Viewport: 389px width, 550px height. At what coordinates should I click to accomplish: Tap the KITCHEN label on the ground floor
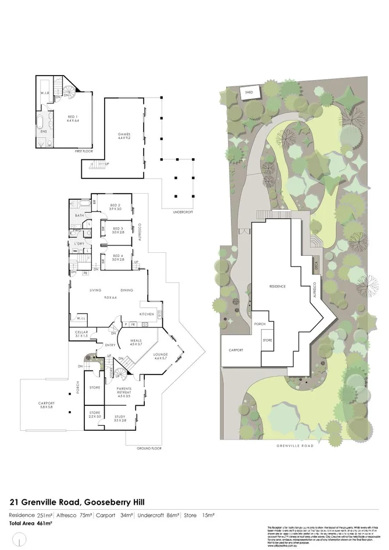[x=147, y=314]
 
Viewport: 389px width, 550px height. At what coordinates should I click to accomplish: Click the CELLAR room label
[x=81, y=333]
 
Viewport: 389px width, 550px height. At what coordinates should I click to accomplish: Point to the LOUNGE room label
[x=160, y=355]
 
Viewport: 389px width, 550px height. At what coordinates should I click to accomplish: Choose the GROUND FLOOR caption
[x=149, y=449]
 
